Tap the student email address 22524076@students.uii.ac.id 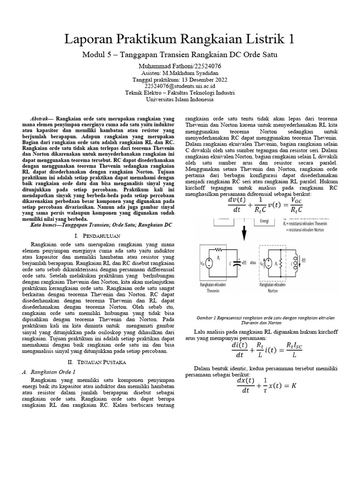[180, 86]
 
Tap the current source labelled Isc [268, 264]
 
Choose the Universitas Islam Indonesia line [180, 99]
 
